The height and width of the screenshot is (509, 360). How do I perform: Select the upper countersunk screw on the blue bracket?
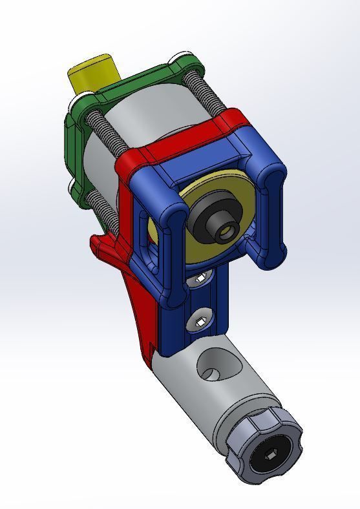(200, 278)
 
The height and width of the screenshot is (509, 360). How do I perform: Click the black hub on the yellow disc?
(208, 223)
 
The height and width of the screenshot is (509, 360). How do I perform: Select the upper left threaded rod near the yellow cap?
(107, 129)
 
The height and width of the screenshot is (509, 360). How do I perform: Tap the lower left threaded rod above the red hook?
(103, 210)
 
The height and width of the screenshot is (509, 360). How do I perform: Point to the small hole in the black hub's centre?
(226, 230)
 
